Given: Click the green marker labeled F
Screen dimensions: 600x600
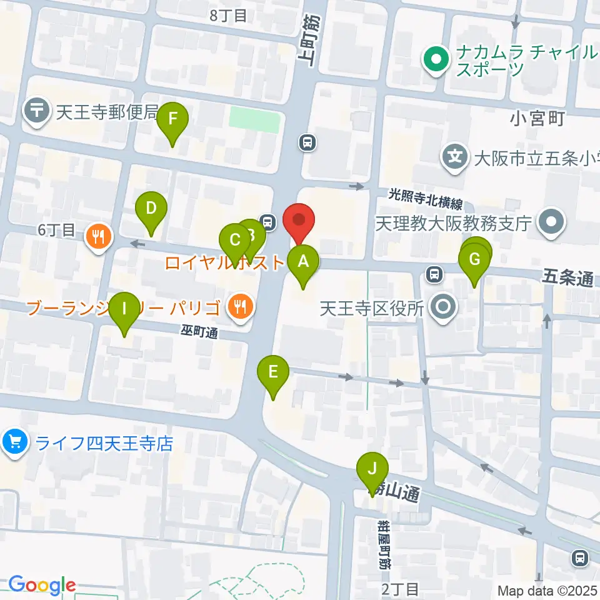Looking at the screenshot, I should click(173, 119).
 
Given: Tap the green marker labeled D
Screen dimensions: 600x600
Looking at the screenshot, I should click(151, 207).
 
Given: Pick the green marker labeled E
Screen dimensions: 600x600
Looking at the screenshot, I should click(273, 372).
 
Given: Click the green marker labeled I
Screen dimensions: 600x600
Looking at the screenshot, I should click(124, 309).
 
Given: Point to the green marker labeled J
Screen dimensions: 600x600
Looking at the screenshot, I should click(372, 469).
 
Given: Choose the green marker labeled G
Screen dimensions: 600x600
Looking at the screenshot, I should click(474, 259).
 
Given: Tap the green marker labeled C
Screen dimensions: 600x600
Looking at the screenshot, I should click(235, 240).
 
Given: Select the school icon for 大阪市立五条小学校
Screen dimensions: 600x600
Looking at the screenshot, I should click(457, 154).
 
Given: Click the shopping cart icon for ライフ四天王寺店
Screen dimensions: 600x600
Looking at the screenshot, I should click(15, 443).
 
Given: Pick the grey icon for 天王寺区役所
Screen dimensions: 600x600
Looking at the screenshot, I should click(444, 307).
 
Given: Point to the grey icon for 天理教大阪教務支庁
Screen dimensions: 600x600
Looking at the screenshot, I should click(552, 222).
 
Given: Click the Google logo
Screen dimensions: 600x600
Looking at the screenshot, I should click(42, 585).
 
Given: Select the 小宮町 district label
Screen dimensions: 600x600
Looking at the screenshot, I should click(537, 118).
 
